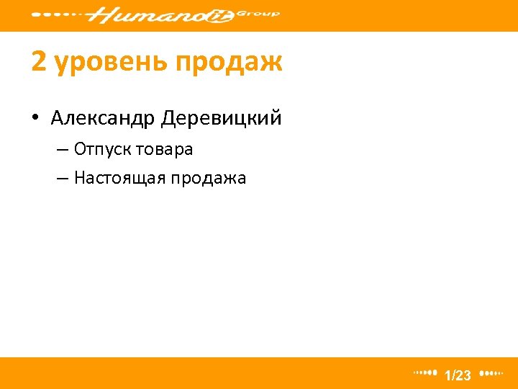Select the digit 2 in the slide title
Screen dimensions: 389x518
(x=39, y=63)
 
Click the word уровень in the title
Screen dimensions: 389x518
(x=106, y=63)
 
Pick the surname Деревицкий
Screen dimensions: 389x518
(x=222, y=117)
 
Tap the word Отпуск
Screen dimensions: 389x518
(x=100, y=151)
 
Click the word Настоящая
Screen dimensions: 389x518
(x=119, y=178)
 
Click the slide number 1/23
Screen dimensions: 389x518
(x=458, y=375)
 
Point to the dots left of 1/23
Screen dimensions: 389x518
(x=425, y=373)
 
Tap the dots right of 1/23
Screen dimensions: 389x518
(x=491, y=373)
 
